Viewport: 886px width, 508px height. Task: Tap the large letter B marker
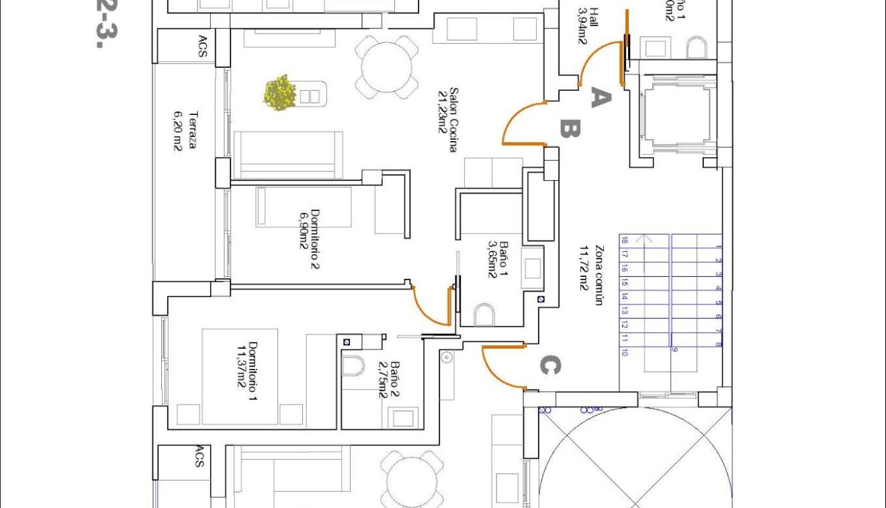pos(570,128)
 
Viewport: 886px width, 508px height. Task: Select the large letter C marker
pos(549,366)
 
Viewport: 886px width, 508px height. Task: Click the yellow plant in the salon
pos(280,93)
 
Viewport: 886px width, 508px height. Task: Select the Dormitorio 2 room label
pos(310,239)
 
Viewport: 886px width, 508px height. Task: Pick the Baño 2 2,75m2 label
pos(389,380)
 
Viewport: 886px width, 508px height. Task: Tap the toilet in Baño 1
pos(484,314)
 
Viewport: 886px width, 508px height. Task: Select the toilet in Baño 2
pos(353,366)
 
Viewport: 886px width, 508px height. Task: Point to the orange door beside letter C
pos(502,367)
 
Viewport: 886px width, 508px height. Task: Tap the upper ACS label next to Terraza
pos(202,46)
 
